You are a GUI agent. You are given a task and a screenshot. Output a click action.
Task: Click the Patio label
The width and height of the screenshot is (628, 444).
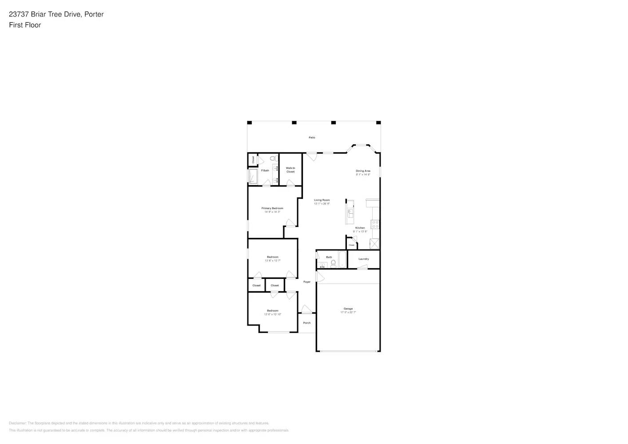312,138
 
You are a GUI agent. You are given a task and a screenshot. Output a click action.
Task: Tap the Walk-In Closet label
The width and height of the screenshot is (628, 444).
290,170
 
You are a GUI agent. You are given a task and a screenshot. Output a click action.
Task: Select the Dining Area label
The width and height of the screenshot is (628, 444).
363,171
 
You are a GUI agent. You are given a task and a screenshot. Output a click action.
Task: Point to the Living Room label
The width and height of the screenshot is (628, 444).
322,200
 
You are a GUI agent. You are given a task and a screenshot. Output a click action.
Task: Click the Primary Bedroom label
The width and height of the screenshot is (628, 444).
272,208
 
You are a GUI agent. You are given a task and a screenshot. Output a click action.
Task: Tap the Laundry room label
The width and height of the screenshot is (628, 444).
364,259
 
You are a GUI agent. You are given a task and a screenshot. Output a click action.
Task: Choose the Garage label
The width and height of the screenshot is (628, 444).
348,309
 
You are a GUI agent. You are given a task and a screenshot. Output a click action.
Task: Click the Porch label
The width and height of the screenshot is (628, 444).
307,323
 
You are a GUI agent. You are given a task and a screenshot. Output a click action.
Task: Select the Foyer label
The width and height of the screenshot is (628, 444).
307,282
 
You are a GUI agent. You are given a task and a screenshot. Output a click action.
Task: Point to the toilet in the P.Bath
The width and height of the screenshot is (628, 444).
273,159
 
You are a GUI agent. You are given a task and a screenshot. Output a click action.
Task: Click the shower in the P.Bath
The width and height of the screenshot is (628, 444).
253,176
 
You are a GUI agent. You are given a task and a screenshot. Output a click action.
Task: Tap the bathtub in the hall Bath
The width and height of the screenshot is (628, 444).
342,259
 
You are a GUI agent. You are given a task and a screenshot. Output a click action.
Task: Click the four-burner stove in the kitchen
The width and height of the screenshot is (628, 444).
375,224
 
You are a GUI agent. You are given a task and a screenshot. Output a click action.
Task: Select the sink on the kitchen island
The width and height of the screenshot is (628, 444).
350,214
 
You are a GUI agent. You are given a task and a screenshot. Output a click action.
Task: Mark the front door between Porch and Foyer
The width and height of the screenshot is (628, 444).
306,310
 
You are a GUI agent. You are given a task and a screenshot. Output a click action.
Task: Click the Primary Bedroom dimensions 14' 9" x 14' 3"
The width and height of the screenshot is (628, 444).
272,212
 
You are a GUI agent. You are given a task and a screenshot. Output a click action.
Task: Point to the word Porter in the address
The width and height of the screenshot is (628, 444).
94,14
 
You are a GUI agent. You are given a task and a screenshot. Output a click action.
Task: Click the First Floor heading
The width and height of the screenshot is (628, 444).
25,25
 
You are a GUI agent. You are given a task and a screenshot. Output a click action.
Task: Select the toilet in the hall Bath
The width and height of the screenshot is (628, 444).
334,263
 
